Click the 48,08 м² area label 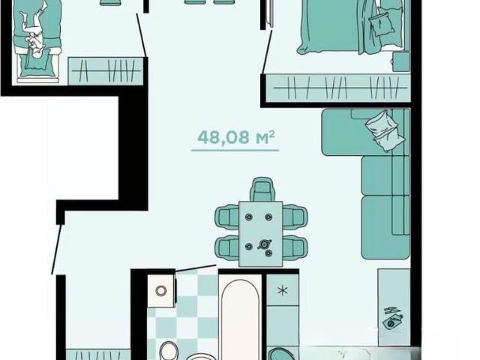(x=235, y=136)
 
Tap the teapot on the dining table (x=264, y=244)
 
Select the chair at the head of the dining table (x=262, y=189)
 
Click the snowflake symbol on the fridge (x=283, y=290)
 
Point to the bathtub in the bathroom (x=240, y=318)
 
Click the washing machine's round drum (x=161, y=290)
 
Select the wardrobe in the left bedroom (x=106, y=71)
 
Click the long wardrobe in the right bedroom (x=338, y=88)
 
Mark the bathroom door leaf (x=196, y=268)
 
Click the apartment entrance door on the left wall (x=56, y=250)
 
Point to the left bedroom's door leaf (x=142, y=35)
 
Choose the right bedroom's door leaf (x=267, y=52)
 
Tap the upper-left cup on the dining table (x=248, y=217)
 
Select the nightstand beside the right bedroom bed (x=401, y=61)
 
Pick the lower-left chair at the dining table (x=227, y=247)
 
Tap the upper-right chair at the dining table (x=295, y=217)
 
